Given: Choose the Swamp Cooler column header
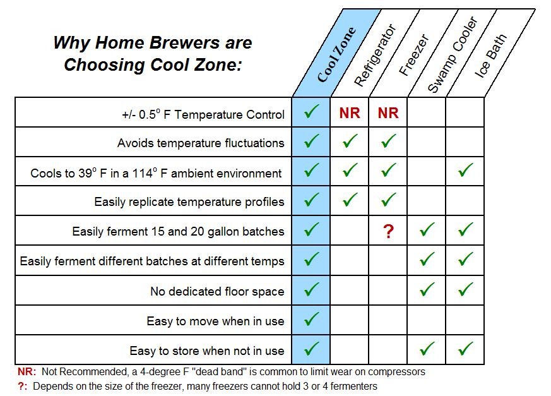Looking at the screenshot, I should pyautogui.click(x=452, y=57).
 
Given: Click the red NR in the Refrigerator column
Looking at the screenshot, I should pyautogui.click(x=350, y=113).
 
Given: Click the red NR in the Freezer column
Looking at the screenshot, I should pyautogui.click(x=388, y=113).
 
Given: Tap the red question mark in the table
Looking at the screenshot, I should pyautogui.click(x=388, y=231).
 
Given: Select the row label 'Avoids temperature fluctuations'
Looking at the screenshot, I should pyautogui.click(x=200, y=143).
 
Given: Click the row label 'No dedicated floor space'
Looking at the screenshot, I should pyautogui.click(x=216, y=291).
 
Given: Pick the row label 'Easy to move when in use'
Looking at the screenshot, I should pyautogui.click(x=215, y=321).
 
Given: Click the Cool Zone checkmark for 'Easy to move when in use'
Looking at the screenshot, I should pyautogui.click(x=311, y=320).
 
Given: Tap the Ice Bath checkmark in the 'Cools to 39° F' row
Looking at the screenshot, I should pyautogui.click(x=465, y=171).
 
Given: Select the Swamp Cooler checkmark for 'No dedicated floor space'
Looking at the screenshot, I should pyautogui.click(x=427, y=290).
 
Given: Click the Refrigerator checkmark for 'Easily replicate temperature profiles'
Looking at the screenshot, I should pyautogui.click(x=350, y=201).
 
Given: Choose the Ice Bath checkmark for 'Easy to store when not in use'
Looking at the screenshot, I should pyautogui.click(x=465, y=349).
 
